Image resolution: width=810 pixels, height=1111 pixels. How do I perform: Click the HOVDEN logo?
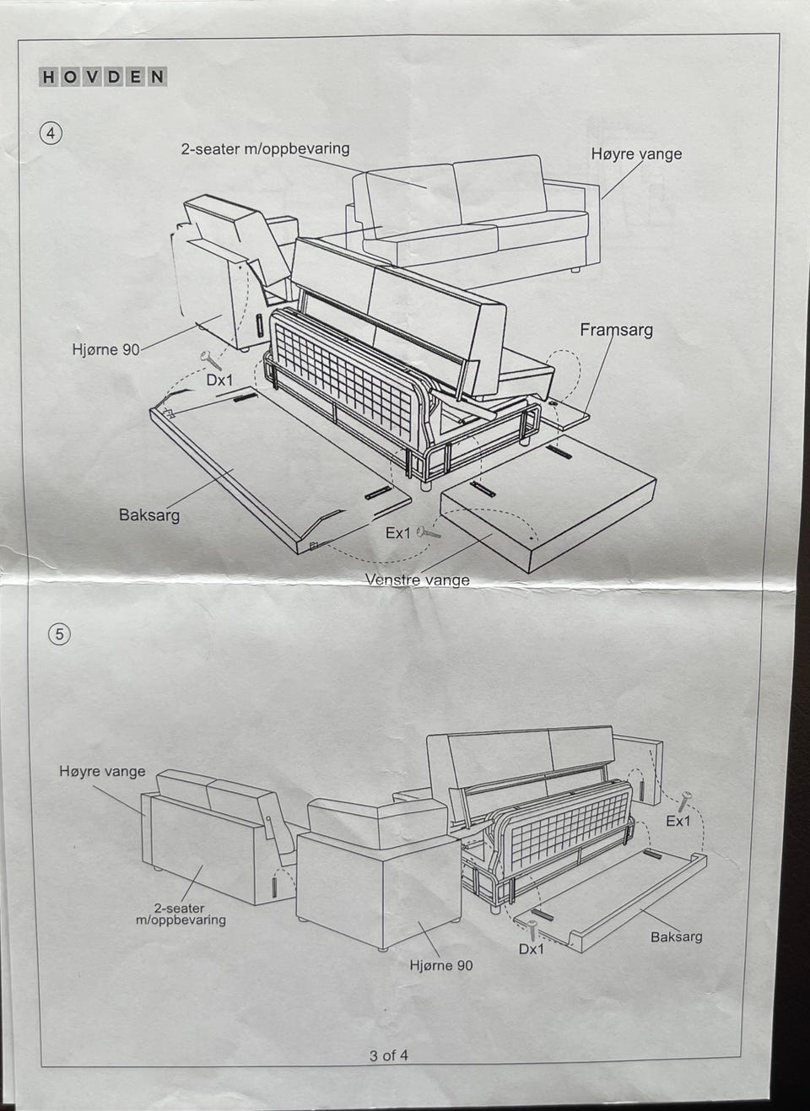pyautogui.click(x=103, y=77)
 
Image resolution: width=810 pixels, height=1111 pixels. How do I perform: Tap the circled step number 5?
pyautogui.click(x=58, y=634)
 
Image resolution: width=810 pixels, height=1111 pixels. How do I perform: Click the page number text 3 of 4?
pyautogui.click(x=389, y=1054)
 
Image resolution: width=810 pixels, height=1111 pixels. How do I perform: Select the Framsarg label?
pyautogui.click(x=616, y=330)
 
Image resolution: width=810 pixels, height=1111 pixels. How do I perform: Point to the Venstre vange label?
pyautogui.click(x=418, y=580)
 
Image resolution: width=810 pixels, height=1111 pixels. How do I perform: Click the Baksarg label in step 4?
pyautogui.click(x=149, y=514)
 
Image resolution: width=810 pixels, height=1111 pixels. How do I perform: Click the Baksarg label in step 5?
pyautogui.click(x=676, y=936)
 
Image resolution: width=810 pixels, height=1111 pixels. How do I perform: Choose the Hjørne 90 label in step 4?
pyautogui.click(x=105, y=348)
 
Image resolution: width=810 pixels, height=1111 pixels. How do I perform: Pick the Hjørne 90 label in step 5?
pyautogui.click(x=441, y=965)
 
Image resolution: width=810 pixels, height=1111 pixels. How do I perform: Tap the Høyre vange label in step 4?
pyautogui.click(x=636, y=154)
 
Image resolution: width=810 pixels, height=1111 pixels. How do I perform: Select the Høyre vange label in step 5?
pyautogui.click(x=102, y=771)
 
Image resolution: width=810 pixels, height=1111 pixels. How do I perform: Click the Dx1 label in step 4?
pyautogui.click(x=219, y=380)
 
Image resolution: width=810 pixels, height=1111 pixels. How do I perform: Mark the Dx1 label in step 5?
pyautogui.click(x=531, y=949)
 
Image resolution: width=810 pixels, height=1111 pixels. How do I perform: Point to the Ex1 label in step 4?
pyautogui.click(x=397, y=533)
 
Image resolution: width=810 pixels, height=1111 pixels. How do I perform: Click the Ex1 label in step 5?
pyautogui.click(x=678, y=821)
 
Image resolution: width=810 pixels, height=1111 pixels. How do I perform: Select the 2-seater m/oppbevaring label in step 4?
pyautogui.click(x=265, y=149)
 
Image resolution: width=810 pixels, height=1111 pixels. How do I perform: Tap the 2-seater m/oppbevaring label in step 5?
pyautogui.click(x=181, y=914)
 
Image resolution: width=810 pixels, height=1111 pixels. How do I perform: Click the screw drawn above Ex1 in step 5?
pyautogui.click(x=683, y=801)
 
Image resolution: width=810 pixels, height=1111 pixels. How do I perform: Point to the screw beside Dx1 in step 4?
pyautogui.click(x=210, y=360)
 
